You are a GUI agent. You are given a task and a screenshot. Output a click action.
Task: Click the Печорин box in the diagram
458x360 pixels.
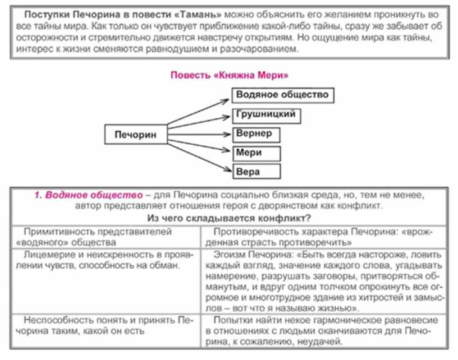tap(135, 135)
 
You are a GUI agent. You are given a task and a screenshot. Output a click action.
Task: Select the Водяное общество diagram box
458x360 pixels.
tap(282, 95)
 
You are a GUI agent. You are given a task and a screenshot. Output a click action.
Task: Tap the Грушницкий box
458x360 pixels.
tap(263, 114)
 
